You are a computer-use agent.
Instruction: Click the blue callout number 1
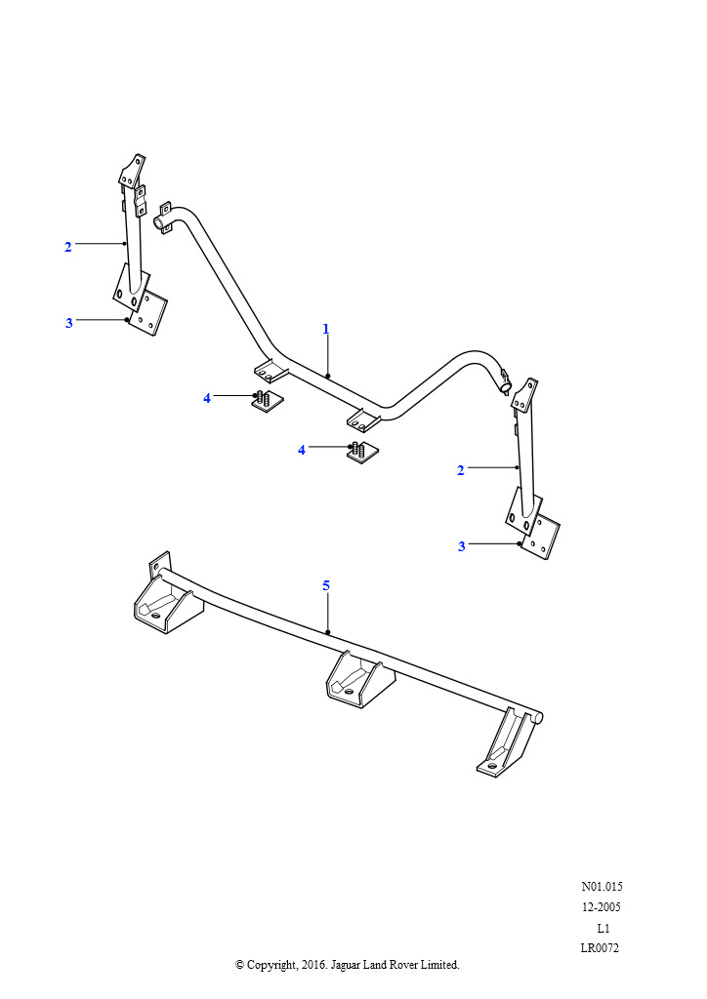tap(326, 330)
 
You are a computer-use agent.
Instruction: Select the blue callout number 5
tap(326, 585)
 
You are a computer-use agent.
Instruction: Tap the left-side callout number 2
tap(68, 247)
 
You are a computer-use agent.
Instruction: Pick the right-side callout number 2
tap(461, 471)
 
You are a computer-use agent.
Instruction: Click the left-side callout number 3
tap(69, 323)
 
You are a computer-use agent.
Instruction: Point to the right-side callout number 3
tap(462, 546)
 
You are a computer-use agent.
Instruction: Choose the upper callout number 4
tap(207, 398)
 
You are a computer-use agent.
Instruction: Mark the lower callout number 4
tap(302, 451)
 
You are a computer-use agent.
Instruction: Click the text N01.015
tap(602, 886)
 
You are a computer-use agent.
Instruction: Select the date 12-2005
tap(602, 907)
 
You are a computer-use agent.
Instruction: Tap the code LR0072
tap(600, 948)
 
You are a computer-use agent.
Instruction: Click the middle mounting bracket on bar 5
tap(354, 679)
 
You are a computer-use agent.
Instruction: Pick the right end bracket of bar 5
tap(507, 743)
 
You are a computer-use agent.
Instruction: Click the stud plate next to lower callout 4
tap(363, 453)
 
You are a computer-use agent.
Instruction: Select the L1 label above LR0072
tap(603, 929)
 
